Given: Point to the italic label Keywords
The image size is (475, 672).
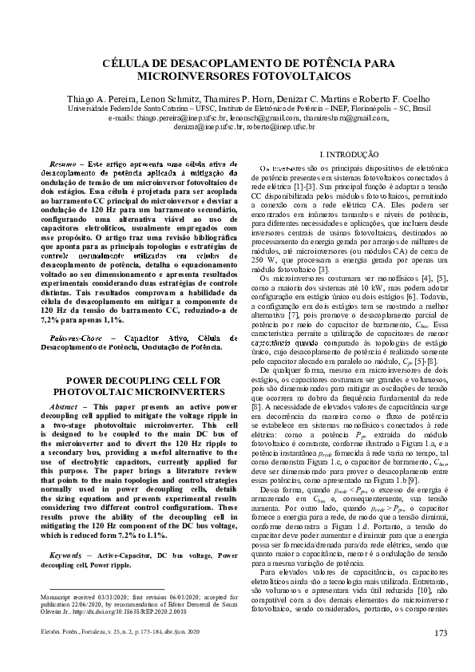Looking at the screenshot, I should pos(65,532).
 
